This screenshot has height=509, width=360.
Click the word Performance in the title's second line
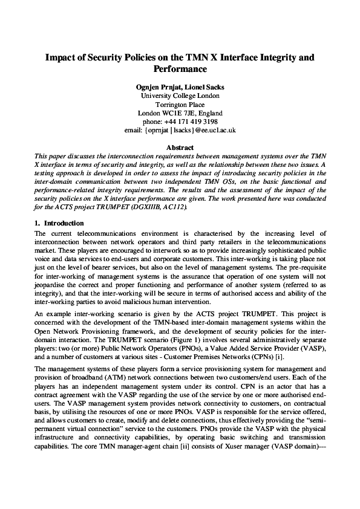pyautogui.click(x=180, y=70)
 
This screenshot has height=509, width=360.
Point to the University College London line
pyautogui.click(x=180, y=96)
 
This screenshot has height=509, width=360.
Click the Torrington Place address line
pyautogui.click(x=180, y=104)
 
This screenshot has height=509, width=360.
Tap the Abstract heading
pyautogui.click(x=180, y=148)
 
